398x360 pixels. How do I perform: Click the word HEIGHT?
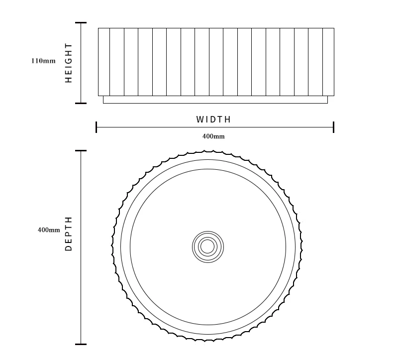click(69, 63)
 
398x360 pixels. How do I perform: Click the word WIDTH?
click(213, 120)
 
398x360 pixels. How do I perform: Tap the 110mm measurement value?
click(43, 61)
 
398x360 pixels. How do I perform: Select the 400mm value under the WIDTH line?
click(213, 136)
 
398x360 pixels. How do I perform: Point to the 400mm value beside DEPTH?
click(49, 230)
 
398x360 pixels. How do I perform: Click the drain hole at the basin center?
click(207, 246)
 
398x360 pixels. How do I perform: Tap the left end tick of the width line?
click(96, 127)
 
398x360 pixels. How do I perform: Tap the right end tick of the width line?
click(333, 127)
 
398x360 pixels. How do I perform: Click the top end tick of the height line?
click(81, 23)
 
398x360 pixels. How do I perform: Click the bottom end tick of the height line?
click(81, 103)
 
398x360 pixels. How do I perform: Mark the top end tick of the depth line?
click(81, 151)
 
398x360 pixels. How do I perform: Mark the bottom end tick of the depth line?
click(81, 344)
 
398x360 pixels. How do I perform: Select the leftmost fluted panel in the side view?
click(104, 61)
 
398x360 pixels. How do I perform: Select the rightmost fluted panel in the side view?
click(328, 61)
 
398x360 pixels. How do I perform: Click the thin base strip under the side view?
click(215, 100)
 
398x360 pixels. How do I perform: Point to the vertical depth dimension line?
click(81, 279)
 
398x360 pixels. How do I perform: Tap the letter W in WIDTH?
click(200, 120)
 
